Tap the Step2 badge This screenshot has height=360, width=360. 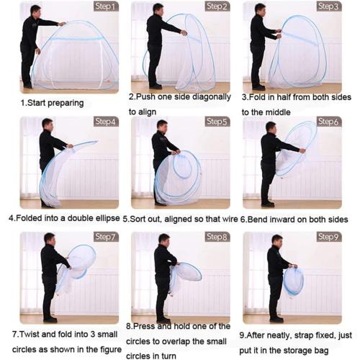tap(217, 6)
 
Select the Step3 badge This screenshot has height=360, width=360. tap(328, 6)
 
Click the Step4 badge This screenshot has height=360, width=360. tap(106, 122)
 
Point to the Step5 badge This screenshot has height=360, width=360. tap(217, 122)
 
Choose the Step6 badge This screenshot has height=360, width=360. tap(328, 122)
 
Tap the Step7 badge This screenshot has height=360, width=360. tap(106, 237)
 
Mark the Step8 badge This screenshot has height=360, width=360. tap(217, 237)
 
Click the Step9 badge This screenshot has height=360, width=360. tap(328, 237)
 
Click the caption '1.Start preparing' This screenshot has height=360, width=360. tap(51, 103)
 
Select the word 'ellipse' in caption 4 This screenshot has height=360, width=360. tap(104, 217)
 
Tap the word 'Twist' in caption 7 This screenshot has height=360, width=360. tap(31, 334)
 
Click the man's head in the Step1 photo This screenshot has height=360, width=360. tap(35, 10)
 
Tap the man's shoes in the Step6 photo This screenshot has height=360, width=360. tap(268, 203)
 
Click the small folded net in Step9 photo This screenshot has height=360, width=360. tap(294, 281)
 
